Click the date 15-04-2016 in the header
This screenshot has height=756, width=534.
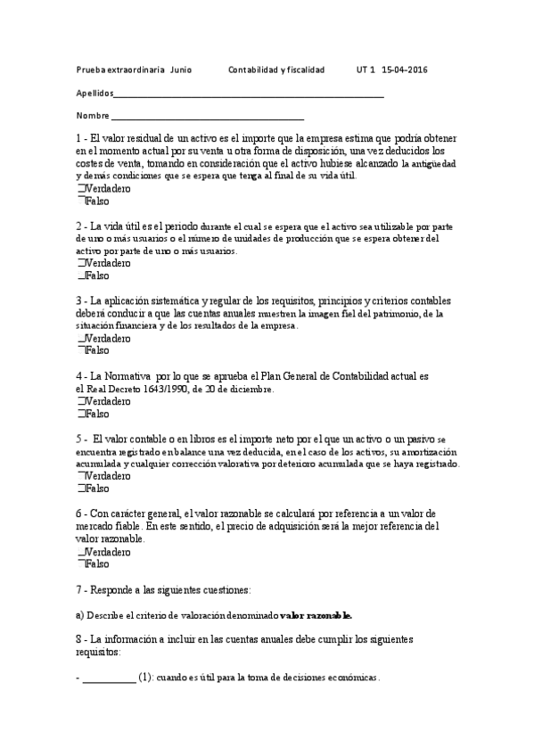(404, 69)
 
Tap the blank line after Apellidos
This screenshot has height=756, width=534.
(249, 94)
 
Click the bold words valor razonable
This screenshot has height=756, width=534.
(316, 615)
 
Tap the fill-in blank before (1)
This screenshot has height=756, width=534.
(109, 678)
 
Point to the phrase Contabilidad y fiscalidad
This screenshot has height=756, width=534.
(276, 69)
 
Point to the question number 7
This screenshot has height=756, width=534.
(79, 590)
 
